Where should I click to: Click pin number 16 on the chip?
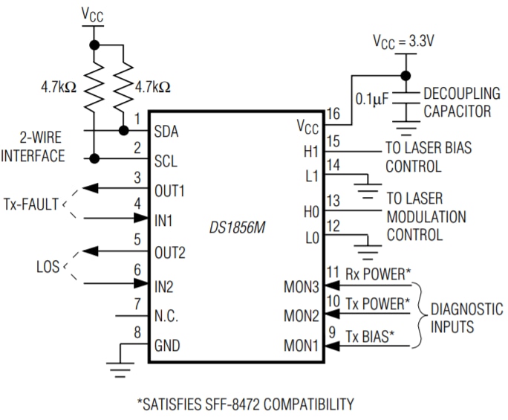coord(333,114)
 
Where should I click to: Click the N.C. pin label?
coord(169,316)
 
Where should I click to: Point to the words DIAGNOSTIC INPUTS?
coord(466,317)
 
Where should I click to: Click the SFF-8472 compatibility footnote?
coord(244,404)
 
